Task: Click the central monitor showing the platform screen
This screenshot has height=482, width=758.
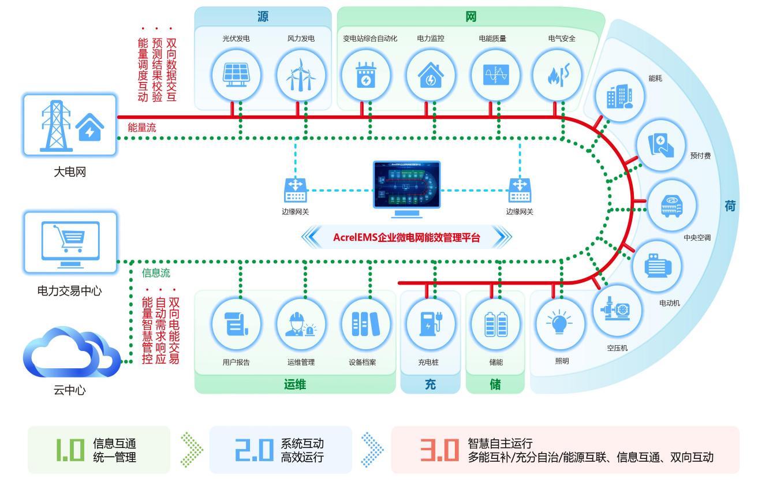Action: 407,188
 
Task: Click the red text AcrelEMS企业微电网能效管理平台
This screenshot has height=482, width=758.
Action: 406,237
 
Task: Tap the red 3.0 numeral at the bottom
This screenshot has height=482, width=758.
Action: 438,451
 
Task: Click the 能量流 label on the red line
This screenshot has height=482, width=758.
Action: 142,128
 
